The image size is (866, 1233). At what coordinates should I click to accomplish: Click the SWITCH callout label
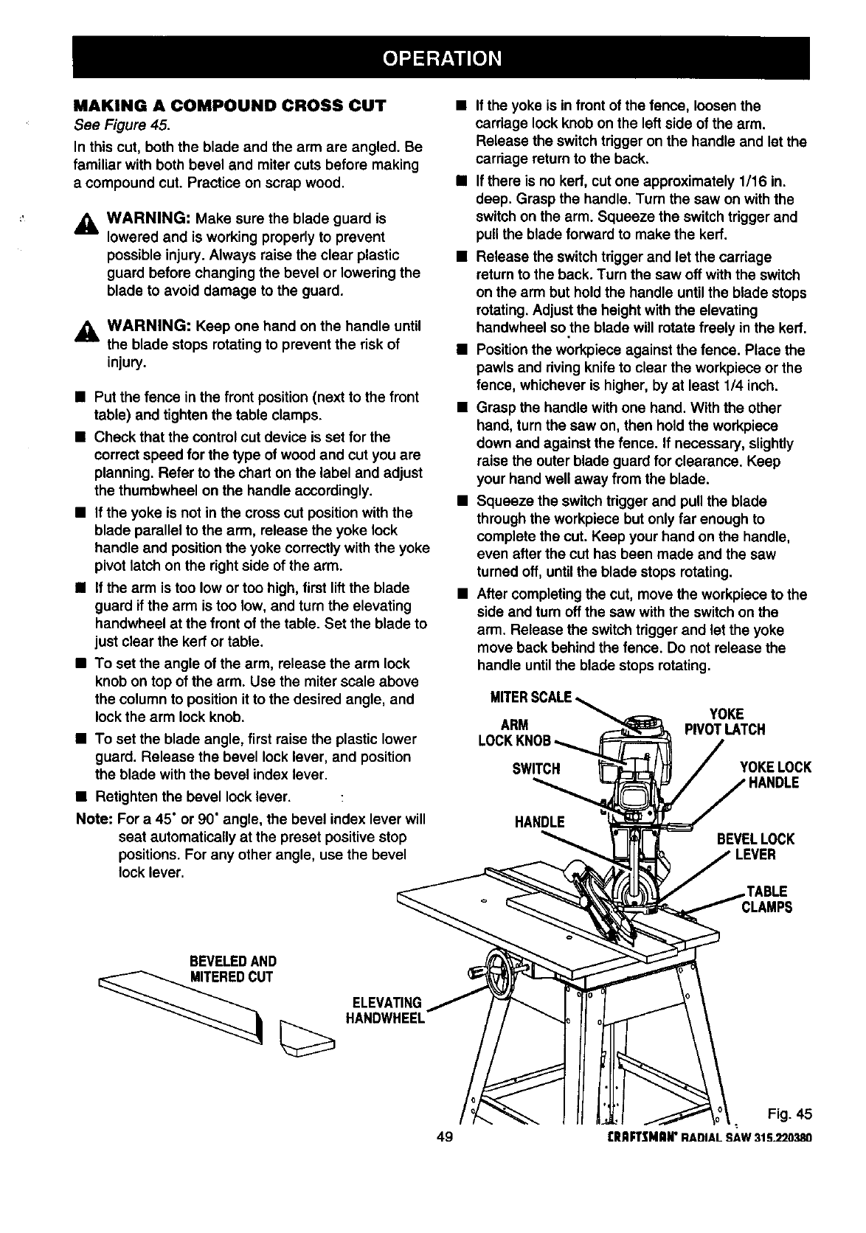pos(536,769)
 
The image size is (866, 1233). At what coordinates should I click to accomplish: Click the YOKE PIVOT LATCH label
pos(725,722)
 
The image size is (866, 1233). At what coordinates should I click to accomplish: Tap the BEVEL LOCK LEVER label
pos(755,847)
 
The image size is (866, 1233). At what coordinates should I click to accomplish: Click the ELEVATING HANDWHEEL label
pos(385,1010)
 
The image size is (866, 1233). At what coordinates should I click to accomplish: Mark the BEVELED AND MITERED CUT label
pos(232,969)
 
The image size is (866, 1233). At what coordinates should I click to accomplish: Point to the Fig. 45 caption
pos(786,1112)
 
